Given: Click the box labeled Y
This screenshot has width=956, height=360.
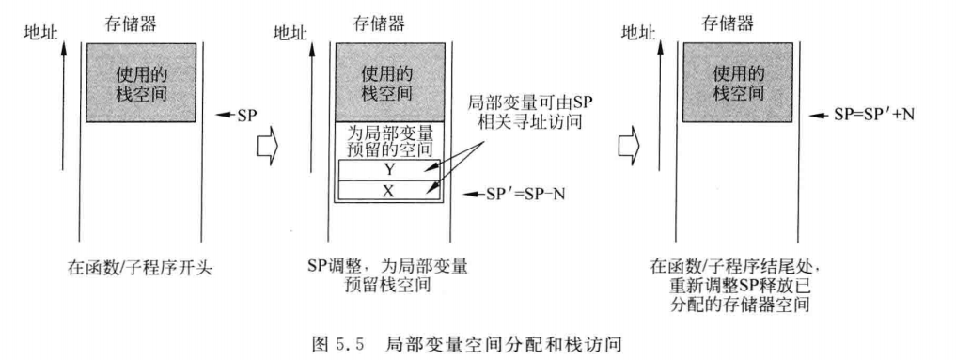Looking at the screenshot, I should click(388, 170).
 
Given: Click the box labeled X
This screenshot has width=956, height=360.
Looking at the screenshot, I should click(388, 190).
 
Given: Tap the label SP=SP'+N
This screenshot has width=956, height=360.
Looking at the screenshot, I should click(875, 113).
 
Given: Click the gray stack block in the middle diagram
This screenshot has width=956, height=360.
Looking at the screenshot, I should click(388, 82).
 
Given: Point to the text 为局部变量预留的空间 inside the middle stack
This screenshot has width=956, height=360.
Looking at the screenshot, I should click(388, 141).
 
